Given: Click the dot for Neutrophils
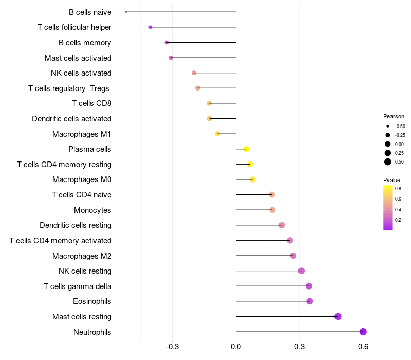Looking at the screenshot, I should [363, 332].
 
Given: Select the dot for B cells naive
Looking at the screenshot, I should [126, 12].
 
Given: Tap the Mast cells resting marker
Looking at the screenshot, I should [338, 316].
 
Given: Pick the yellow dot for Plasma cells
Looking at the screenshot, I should [246, 149].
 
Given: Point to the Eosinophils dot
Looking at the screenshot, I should [310, 301].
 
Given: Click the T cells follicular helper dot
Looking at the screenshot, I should [151, 27].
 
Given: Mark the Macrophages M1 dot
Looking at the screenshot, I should [217, 134].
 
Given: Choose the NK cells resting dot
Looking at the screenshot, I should [302, 271].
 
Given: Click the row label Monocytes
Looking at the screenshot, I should [92, 210].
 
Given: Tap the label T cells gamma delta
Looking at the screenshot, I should [78, 286].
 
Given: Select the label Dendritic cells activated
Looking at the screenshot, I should [71, 119].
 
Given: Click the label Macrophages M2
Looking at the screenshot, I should [82, 256].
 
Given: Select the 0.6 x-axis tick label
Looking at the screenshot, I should [363, 347].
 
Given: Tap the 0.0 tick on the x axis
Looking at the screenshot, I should [236, 347].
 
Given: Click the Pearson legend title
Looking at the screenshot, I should [394, 116].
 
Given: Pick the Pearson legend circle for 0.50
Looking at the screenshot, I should [388, 162].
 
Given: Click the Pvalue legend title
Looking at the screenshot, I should [391, 180].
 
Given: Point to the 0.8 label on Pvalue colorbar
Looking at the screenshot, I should [398, 189].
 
